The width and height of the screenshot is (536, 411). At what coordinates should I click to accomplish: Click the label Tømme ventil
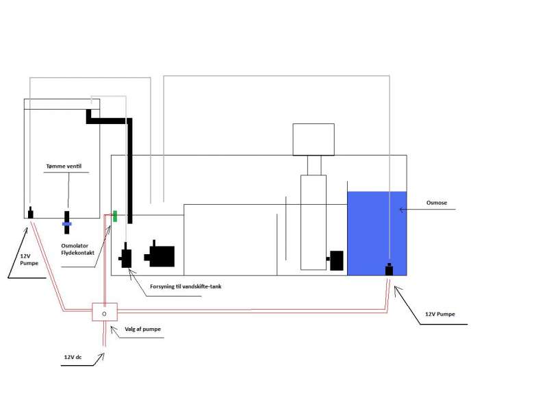pos(67,166)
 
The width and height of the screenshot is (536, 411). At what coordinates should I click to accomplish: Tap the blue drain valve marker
pos(67,223)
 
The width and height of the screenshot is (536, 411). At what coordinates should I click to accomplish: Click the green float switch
pos(115,216)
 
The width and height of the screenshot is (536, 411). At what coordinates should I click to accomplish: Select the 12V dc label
pos(75,357)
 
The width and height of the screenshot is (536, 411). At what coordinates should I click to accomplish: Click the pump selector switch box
pos(104,313)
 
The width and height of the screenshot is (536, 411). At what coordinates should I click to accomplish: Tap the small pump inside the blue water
pos(390,269)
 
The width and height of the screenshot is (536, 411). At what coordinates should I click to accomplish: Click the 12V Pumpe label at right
pos(440,314)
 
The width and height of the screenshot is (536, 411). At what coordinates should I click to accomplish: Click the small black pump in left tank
pos(30,212)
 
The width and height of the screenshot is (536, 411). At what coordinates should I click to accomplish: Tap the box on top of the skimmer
pos(313,140)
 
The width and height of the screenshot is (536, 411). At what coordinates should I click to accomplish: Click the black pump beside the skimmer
pos(335,260)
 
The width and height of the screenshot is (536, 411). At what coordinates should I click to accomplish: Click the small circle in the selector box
pos(104,313)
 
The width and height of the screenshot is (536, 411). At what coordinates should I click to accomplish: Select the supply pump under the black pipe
pos(127,258)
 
